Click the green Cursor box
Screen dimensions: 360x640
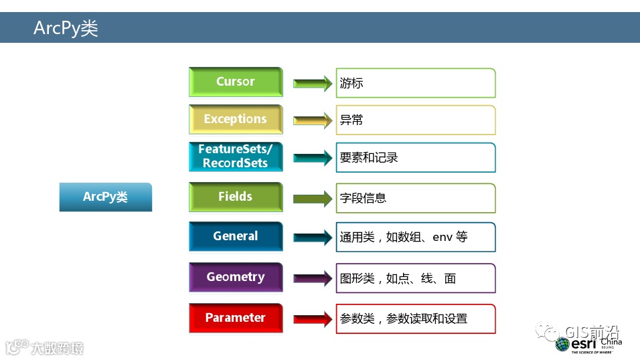pos(236,82)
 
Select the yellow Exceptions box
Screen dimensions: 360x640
pos(236,120)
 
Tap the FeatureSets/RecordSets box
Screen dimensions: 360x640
pos(236,157)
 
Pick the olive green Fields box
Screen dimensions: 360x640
pos(236,197)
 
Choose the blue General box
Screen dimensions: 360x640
pos(236,237)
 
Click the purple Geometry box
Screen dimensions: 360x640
pos(236,278)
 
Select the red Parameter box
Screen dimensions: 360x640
pos(236,319)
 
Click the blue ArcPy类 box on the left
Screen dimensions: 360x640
pos(106,197)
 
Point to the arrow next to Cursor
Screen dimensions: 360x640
pos(312,84)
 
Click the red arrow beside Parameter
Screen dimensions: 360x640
pos(312,319)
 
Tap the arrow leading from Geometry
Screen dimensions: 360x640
pos(312,278)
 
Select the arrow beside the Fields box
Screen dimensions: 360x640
pos(312,199)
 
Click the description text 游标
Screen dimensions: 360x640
pos(351,84)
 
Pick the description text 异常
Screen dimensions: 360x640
pos(351,120)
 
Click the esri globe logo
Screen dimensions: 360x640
pos(562,344)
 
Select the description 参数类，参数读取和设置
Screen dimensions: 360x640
pos(403,319)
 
